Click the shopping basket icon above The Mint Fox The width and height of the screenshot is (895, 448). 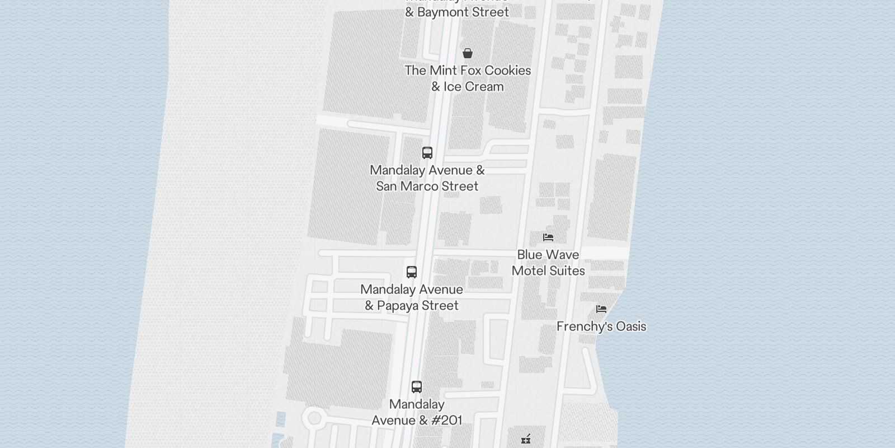(468, 53)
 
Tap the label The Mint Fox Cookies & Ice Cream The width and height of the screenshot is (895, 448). (468, 78)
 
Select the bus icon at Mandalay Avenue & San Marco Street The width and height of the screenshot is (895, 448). (427, 153)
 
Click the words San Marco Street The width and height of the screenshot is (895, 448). (427, 186)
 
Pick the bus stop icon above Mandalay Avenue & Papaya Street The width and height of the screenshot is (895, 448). (412, 272)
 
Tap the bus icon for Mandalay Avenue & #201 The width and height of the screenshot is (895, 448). (417, 387)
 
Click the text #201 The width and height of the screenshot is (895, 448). (446, 421)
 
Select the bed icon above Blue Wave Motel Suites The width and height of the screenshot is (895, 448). (548, 237)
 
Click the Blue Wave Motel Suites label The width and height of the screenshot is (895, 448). (548, 263)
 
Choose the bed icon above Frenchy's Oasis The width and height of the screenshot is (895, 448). (601, 309)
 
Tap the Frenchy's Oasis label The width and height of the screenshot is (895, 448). (601, 326)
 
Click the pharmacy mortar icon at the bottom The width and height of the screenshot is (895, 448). (526, 439)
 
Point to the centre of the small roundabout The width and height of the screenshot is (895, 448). (314, 417)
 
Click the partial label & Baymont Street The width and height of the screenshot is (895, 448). (457, 12)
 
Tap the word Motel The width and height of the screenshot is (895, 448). (529, 271)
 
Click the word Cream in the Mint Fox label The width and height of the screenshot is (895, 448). (484, 87)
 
